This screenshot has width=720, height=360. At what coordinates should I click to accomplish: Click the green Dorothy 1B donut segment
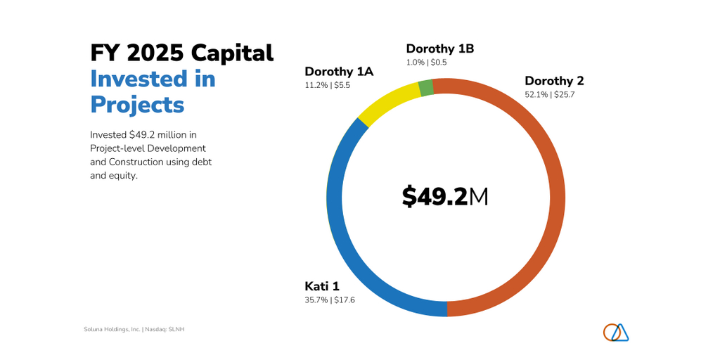tap(425, 88)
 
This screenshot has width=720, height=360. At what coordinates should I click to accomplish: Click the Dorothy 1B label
tap(439, 49)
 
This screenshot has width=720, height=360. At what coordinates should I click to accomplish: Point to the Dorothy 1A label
tap(338, 71)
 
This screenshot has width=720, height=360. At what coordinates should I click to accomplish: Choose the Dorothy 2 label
tap(554, 81)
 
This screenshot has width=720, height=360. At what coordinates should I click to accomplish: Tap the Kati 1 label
tap(322, 286)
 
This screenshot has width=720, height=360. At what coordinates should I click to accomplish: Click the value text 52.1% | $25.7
tap(549, 95)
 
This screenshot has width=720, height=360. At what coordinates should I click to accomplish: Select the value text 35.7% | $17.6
tap(330, 300)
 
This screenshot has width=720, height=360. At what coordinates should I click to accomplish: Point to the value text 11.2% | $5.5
tap(327, 85)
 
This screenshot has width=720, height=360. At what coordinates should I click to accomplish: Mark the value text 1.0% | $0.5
tap(426, 63)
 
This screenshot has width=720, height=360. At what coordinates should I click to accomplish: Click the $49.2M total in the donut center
tap(444, 197)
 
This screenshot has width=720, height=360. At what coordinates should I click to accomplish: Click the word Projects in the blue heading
tap(137, 104)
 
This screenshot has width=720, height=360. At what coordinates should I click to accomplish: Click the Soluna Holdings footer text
tap(134, 329)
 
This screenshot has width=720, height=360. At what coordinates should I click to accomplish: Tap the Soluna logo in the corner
tap(615, 333)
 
